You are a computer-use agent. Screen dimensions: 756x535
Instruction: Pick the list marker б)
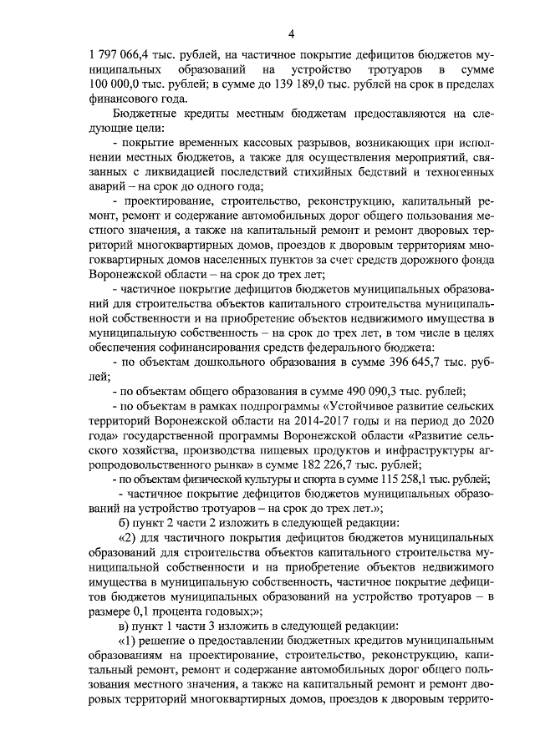[x=127, y=522]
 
